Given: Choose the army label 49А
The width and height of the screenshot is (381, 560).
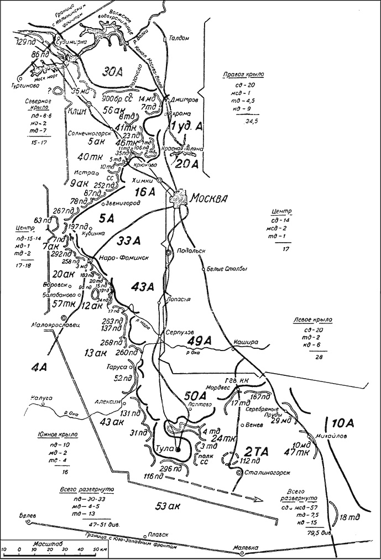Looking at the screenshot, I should [x=197, y=339].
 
